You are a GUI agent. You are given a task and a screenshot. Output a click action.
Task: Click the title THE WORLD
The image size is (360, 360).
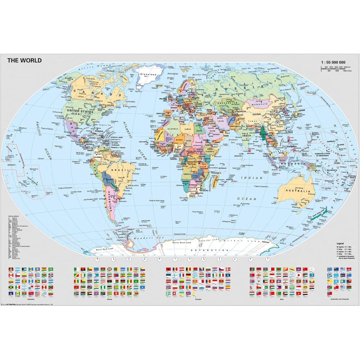coord(24,60)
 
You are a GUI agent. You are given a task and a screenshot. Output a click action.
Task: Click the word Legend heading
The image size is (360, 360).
coord(339,244)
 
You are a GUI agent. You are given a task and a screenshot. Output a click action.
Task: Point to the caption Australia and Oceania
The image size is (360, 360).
coord(338,299)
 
